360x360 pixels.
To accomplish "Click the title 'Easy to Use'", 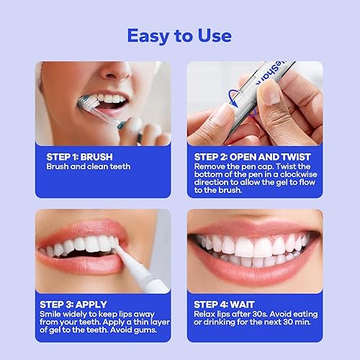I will (x=179, y=35).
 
